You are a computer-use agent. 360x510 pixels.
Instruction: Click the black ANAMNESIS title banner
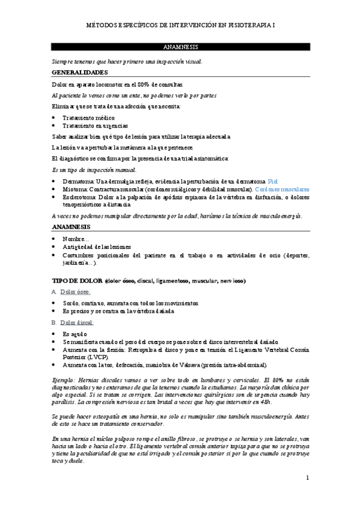coord(180,46)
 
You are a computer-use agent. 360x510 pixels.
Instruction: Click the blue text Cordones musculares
coord(282,189)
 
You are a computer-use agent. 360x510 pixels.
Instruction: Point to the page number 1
coord(307,478)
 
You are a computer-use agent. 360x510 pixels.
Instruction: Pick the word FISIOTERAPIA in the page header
coord(247,25)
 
